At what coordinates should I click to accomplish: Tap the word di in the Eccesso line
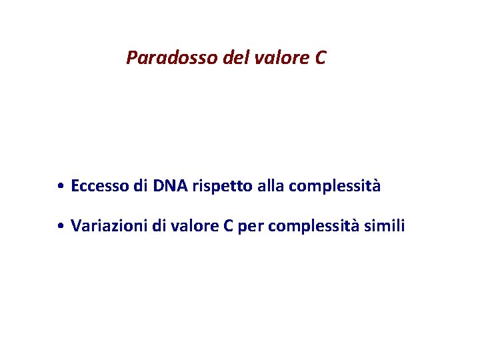tap(140, 186)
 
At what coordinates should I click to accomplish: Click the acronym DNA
tap(171, 186)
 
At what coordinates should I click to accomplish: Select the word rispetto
tap(221, 187)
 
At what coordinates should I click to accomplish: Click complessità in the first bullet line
tap(334, 187)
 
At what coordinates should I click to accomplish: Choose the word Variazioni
tap(109, 226)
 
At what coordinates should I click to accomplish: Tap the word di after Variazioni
tap(158, 226)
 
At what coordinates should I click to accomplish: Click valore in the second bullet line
tap(194, 226)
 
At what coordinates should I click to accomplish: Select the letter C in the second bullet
tap(228, 226)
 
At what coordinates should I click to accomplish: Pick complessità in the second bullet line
tap(311, 227)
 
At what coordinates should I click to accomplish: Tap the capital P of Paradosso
tap(131, 59)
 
